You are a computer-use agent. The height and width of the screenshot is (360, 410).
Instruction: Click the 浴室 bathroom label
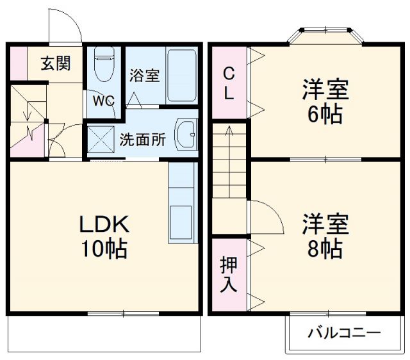click(144, 75)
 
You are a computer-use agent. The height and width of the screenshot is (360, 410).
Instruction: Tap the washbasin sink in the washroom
click(185, 135)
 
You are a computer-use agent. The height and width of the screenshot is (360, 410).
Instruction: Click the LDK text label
click(104, 224)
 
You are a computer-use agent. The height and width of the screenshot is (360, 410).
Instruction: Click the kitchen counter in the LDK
click(181, 202)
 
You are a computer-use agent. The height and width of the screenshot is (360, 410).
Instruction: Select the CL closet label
click(228, 84)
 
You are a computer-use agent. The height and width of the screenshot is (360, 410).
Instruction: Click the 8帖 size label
click(326, 247)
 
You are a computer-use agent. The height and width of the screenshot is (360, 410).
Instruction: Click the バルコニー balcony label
click(345, 333)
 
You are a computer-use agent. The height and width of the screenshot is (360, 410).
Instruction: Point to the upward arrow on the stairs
click(229, 138)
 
